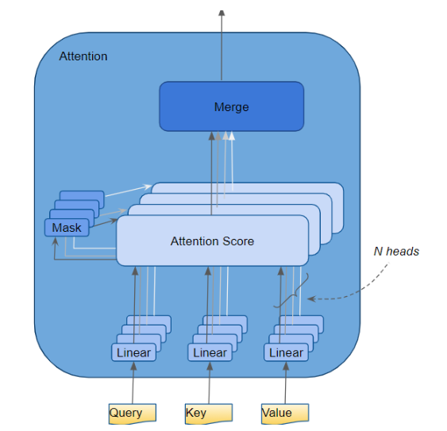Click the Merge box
click(232, 106)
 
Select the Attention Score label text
click(212, 241)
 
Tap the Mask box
click(67, 228)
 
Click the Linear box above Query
click(133, 352)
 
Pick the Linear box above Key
click(210, 352)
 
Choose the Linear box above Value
click(286, 352)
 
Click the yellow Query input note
click(133, 414)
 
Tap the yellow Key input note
click(209, 414)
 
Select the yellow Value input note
click(285, 414)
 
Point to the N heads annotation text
click(396, 252)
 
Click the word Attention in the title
click(83, 56)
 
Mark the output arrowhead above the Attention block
click(222, 13)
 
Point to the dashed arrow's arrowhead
click(311, 298)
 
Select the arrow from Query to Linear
click(133, 383)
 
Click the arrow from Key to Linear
click(210, 383)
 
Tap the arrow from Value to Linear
click(286, 383)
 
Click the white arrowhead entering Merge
click(232, 136)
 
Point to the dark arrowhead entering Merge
click(211, 136)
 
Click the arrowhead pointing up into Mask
click(56, 241)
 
